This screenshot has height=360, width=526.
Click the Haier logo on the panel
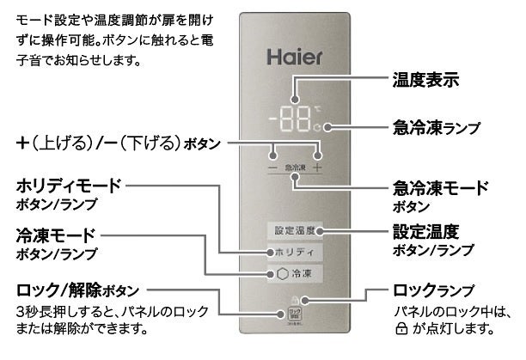[x=293, y=60]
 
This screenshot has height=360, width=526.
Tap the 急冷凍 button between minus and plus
[x=294, y=168]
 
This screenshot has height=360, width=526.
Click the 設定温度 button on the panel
[x=293, y=231]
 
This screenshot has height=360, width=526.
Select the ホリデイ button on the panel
[x=293, y=253]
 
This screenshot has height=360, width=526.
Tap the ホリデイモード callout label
[x=70, y=186]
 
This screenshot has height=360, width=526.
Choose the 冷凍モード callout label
[x=55, y=235]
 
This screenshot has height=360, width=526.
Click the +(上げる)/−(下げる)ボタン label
[x=117, y=140]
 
